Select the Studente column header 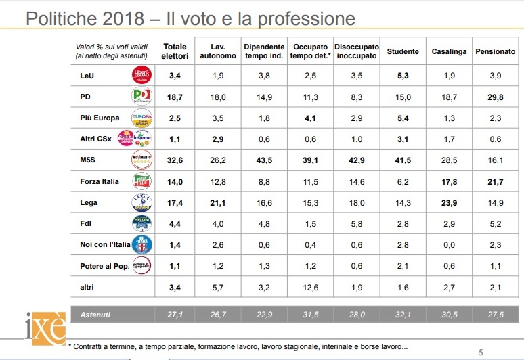tap(402, 51)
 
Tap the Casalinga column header tap(449, 51)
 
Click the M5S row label tap(89, 160)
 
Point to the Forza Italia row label tap(99, 182)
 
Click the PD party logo tap(141, 96)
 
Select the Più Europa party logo tap(141, 118)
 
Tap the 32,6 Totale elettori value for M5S tap(175, 160)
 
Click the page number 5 tap(481, 351)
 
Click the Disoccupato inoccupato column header tap(357, 51)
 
